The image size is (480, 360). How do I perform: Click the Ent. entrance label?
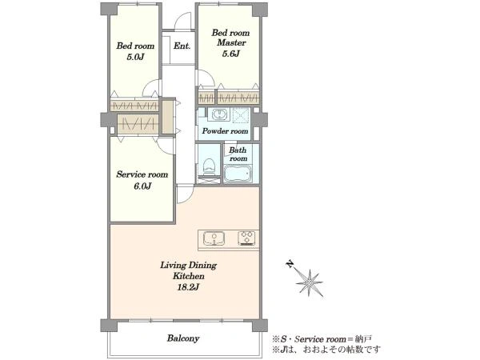182,46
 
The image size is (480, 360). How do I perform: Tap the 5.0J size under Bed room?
135,57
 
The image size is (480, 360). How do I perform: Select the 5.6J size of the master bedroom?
230,54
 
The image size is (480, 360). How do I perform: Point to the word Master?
231,42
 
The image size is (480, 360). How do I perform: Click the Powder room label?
225,131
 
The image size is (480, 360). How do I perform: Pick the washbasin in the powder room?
218,114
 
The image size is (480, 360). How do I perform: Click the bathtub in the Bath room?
238,174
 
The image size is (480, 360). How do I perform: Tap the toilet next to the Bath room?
209,167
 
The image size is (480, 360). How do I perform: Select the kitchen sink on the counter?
214,238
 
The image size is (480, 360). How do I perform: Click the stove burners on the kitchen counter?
246,238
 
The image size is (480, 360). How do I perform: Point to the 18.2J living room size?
188,287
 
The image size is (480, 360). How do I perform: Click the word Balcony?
183,338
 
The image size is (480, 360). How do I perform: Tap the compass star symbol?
310,283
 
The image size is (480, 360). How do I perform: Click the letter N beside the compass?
290,263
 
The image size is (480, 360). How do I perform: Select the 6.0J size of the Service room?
142,186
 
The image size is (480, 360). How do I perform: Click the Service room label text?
142,174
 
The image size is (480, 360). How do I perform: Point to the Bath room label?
238,154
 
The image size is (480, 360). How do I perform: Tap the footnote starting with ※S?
322,339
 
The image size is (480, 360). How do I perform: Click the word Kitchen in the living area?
189,276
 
